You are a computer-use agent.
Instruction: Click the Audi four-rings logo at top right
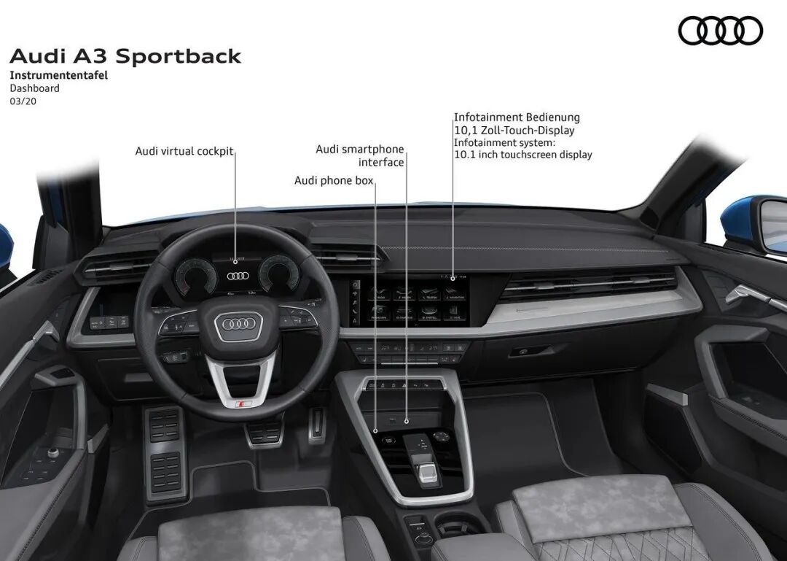pyautogui.click(x=720, y=31)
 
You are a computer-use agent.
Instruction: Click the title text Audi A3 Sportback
pyautogui.click(x=125, y=56)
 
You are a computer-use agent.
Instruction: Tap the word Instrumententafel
pyautogui.click(x=58, y=75)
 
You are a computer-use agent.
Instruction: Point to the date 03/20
pyautogui.click(x=23, y=101)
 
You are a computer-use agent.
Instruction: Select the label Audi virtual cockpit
pyautogui.click(x=184, y=151)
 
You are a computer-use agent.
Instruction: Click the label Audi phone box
pyautogui.click(x=334, y=180)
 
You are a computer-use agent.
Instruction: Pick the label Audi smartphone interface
pyautogui.click(x=360, y=155)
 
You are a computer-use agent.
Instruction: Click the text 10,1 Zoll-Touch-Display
pyautogui.click(x=514, y=131)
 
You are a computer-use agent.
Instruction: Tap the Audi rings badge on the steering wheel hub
pyautogui.click(x=238, y=324)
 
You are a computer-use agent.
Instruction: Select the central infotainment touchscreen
pyautogui.click(x=408, y=300)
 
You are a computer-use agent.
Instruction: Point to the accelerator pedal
pyautogui.click(x=316, y=426)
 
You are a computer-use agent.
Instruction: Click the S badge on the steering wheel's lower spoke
pyautogui.click(x=244, y=403)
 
